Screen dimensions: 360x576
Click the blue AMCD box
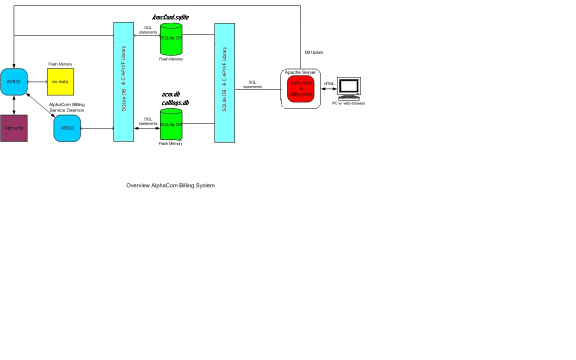[13, 81]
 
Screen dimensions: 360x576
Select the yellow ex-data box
[60, 81]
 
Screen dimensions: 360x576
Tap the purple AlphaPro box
[13, 128]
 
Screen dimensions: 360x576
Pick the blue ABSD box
[67, 128]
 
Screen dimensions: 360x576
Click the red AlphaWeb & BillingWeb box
[300, 88]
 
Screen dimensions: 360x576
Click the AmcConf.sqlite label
[170, 17]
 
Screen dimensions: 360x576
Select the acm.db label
[170, 94]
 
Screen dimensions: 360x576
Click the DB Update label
[314, 52]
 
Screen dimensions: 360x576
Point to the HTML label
[329, 83]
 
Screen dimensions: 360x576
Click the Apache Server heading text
[300, 72]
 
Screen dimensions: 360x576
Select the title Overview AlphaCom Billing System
[170, 185]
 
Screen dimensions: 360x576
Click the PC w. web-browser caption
[348, 103]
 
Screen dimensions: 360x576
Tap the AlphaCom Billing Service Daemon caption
[66, 107]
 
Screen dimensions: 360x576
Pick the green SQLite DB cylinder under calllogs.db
[171, 125]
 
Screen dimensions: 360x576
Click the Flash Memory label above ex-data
[60, 64]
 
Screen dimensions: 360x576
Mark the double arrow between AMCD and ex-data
[36, 81]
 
